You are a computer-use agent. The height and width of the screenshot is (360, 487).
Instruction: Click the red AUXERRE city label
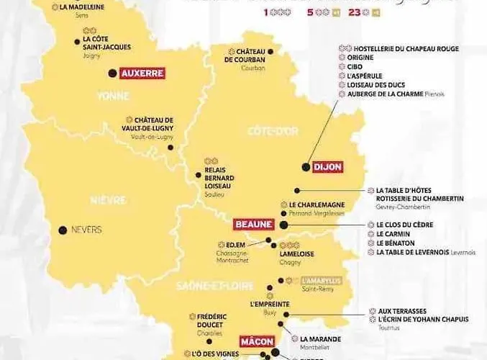point(142,73)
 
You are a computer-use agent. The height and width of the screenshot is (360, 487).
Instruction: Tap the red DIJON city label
point(327,167)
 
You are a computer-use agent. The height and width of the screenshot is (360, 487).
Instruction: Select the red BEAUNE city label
point(254,225)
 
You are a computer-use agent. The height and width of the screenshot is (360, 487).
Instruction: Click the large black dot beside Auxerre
point(111,73)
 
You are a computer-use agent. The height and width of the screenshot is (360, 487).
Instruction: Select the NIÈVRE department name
point(108,199)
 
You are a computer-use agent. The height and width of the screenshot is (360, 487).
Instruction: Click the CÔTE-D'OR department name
point(273,130)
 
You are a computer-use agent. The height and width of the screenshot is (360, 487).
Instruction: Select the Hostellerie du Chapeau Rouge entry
point(403,49)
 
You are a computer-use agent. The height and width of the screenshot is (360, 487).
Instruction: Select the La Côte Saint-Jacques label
point(107,43)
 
